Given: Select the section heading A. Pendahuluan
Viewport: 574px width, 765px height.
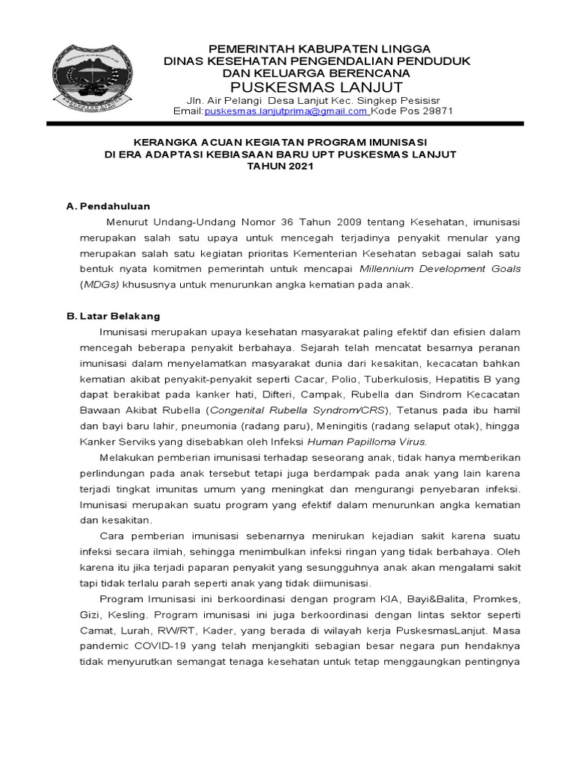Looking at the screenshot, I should coord(108,205).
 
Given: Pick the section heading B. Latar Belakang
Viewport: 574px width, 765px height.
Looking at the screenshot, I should coord(114,316).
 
